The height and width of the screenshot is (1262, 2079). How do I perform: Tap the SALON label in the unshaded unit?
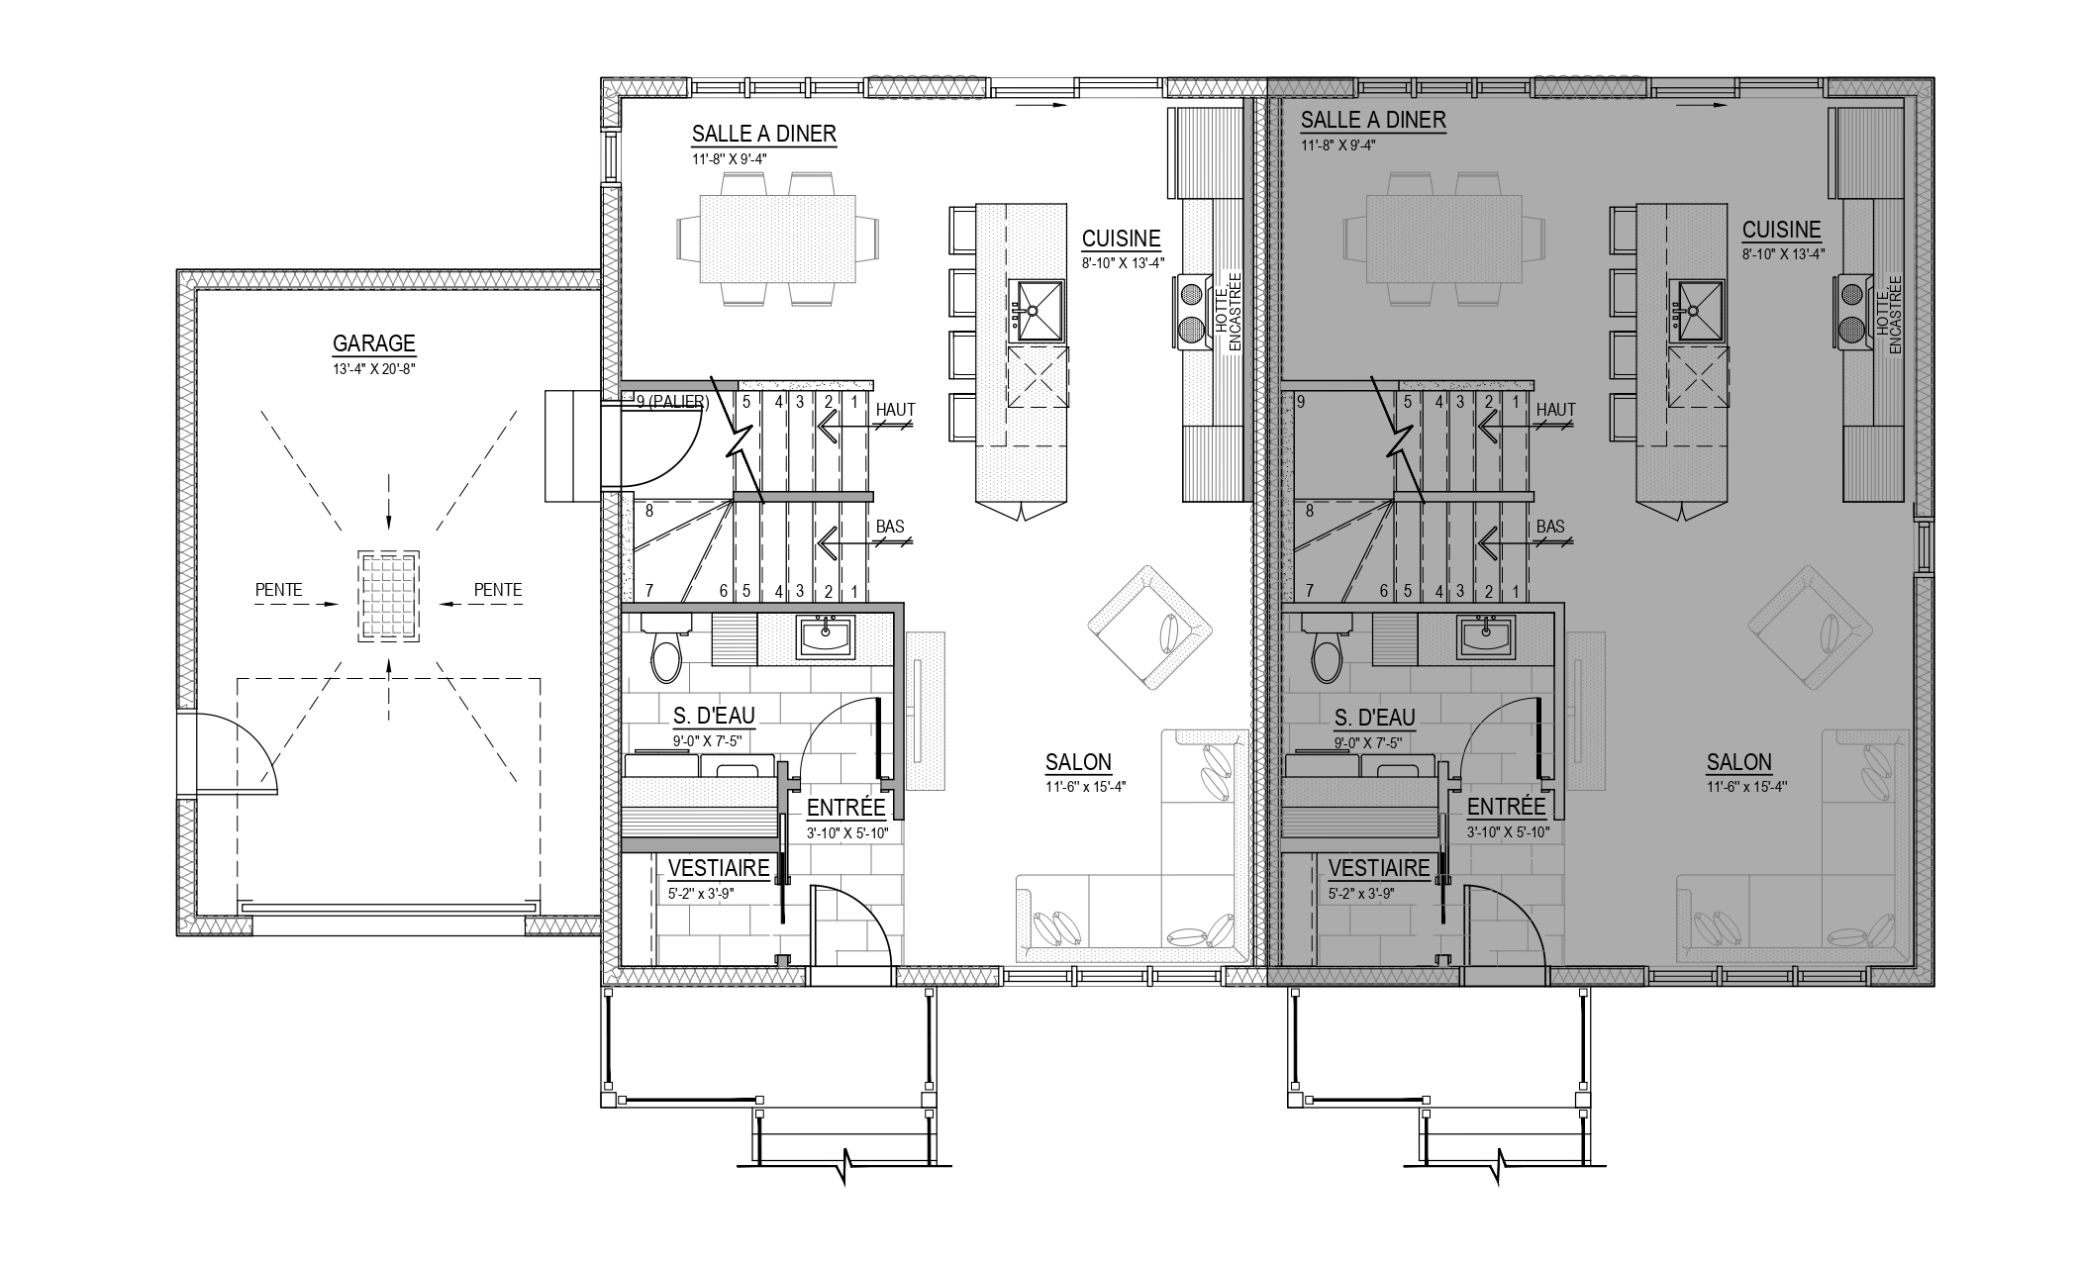click(x=1078, y=762)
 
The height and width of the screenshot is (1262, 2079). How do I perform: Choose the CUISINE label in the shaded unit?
click(x=1781, y=230)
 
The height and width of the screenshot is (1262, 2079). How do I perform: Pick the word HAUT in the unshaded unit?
click(x=895, y=409)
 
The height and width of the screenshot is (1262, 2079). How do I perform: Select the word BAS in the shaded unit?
click(x=1550, y=526)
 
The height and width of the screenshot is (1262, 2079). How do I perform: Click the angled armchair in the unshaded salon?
click(x=1148, y=628)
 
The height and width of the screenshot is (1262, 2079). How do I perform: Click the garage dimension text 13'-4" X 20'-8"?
click(x=373, y=366)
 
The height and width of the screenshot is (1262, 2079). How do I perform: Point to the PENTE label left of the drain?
click(x=278, y=589)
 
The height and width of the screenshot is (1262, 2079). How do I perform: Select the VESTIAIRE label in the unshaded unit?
click(x=719, y=868)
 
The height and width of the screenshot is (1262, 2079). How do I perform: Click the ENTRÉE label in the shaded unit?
click(x=1507, y=806)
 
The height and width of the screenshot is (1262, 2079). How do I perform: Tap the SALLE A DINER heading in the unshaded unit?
click(x=764, y=133)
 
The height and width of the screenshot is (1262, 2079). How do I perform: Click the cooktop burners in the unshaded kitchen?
click(x=1192, y=311)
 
